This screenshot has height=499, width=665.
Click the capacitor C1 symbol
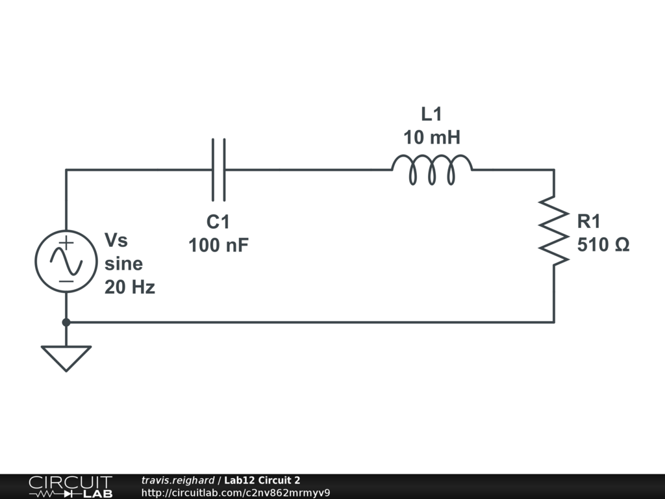[220, 170]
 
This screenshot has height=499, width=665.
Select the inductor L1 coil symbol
[432, 170]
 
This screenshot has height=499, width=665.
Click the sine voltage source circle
[66, 262]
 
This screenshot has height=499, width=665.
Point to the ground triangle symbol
[66, 356]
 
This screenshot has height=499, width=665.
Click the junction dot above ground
[66, 322]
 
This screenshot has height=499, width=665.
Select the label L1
[431, 114]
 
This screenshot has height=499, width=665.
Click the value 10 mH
[431, 138]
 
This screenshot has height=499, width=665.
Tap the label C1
[218, 222]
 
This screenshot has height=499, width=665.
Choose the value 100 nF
[218, 246]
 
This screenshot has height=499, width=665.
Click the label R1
[589, 222]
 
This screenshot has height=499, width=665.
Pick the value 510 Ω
[603, 246]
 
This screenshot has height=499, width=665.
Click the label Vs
[116, 240]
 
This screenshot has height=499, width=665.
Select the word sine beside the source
[123, 264]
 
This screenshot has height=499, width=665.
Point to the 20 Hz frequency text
[130, 287]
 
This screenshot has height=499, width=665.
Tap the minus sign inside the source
[66, 281]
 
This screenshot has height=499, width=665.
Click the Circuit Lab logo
[70, 486]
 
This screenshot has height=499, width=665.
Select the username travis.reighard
[177, 480]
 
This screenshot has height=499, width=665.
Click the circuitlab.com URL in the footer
[236, 493]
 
